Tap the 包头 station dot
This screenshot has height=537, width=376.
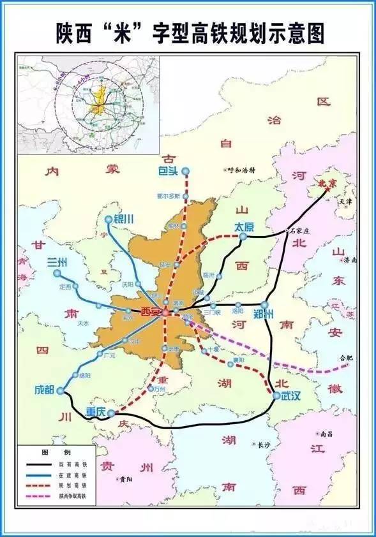click(186, 171)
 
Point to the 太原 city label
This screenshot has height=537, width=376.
click(244, 226)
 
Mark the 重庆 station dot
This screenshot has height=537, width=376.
click(111, 413)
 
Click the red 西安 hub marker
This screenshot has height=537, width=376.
click(165, 313)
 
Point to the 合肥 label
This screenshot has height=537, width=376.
click(345, 358)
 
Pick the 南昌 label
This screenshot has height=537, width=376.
click(325, 434)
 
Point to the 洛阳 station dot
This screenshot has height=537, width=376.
click(238, 305)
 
